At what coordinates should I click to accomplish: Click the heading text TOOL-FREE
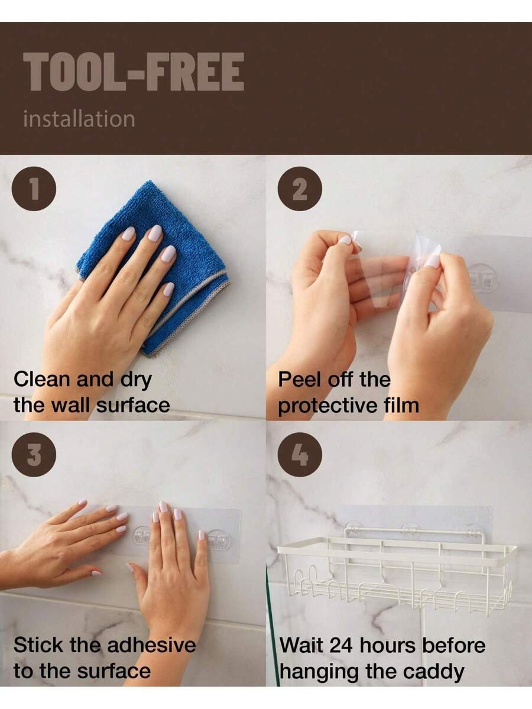tap(134, 72)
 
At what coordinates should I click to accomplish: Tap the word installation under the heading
tap(79, 119)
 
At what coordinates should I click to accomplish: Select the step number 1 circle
tap(34, 189)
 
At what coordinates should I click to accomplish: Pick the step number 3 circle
tap(34, 454)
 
